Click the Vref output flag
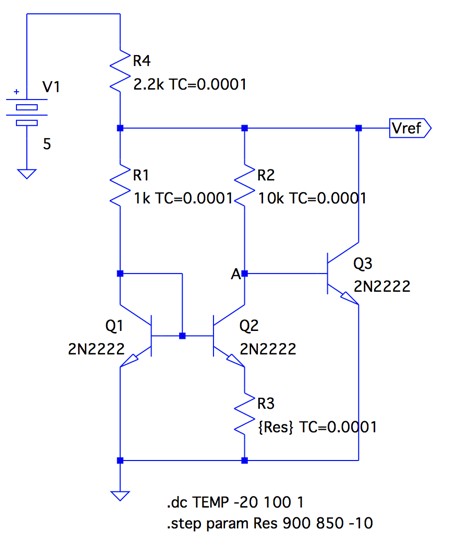point(410,128)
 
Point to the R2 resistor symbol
point(245,185)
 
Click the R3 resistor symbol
point(245,414)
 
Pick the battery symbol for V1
point(27,113)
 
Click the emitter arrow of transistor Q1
point(129,360)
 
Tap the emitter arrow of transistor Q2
point(236,360)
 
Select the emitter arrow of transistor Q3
point(350,298)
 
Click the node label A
point(236,274)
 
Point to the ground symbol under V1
point(27,174)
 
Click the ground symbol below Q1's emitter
point(120,496)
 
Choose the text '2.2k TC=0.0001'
point(190,84)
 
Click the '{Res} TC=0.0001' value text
point(317,427)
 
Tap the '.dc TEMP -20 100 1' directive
point(235,502)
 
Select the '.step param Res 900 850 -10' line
point(270,523)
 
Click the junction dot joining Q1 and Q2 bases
point(182,336)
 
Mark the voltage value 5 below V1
point(47,144)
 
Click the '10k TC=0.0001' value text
point(312,198)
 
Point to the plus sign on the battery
point(16,92)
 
